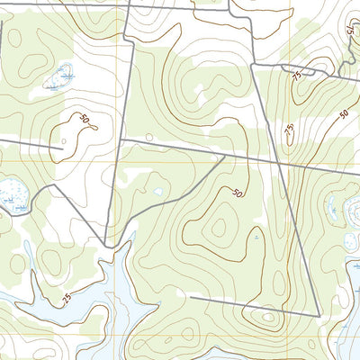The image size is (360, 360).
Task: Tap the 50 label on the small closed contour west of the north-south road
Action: coord(85,120)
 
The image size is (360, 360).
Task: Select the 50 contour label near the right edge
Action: coord(344,113)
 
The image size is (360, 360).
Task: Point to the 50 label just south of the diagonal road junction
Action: coord(237,193)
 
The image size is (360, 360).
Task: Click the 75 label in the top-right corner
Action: coord(348,29)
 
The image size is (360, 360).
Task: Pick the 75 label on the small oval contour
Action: coord(289,130)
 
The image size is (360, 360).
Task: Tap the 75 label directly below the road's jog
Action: coord(296,79)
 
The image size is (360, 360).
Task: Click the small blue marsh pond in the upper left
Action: coord(61,76)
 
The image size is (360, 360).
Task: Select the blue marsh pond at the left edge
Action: coord(12,191)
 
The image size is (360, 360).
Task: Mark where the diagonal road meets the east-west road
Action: coord(223,157)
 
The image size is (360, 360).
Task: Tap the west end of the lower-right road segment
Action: coord(192,296)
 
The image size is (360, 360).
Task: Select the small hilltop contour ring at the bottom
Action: coord(266,316)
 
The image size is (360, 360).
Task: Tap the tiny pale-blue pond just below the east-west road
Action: coord(158,191)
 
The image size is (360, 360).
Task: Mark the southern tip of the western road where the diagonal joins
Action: coord(107,245)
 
